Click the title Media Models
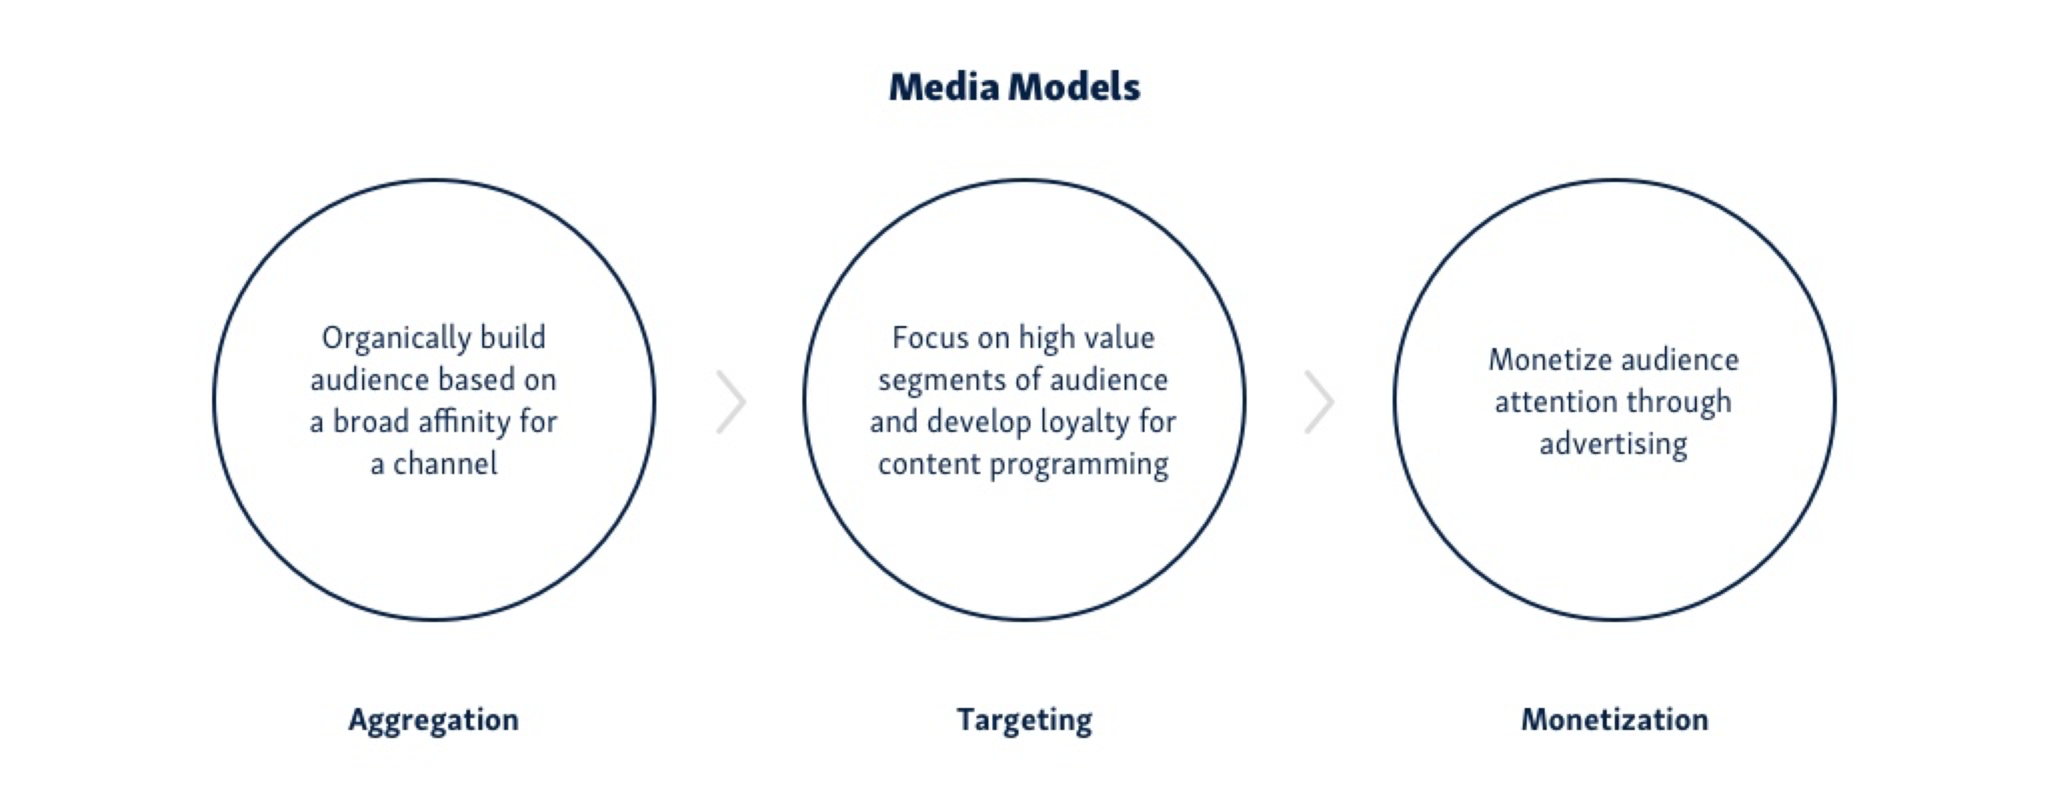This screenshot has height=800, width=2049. (x=1014, y=87)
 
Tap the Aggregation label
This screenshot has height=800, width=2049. (x=434, y=721)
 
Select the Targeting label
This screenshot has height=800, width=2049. (x=1024, y=721)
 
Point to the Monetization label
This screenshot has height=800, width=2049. (x=1615, y=721)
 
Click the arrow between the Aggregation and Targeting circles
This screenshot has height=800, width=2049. (x=732, y=401)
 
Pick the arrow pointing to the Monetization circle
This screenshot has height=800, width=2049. (x=1319, y=401)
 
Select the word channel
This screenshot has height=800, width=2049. (x=445, y=463)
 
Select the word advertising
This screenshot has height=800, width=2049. (x=1613, y=445)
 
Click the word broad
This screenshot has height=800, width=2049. (x=371, y=422)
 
